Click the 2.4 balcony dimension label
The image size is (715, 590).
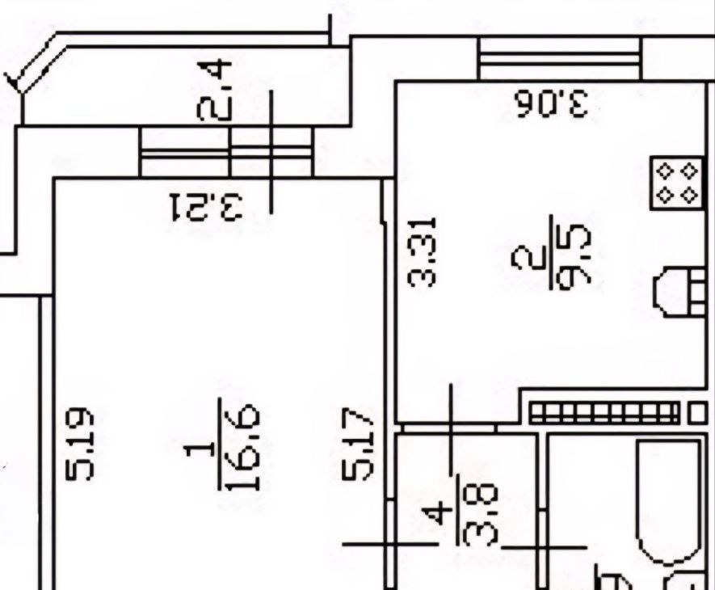click(214, 91)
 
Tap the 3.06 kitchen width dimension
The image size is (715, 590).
click(550, 103)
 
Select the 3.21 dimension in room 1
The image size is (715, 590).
click(206, 207)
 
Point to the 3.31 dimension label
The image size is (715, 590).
click(421, 252)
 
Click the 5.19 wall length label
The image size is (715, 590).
click(80, 444)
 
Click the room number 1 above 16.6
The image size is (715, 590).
click(200, 450)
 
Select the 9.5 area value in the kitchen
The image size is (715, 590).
click(574, 256)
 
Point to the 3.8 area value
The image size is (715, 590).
click(477, 516)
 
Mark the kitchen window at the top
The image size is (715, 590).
click(560, 58)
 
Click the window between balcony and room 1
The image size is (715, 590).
click(226, 151)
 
